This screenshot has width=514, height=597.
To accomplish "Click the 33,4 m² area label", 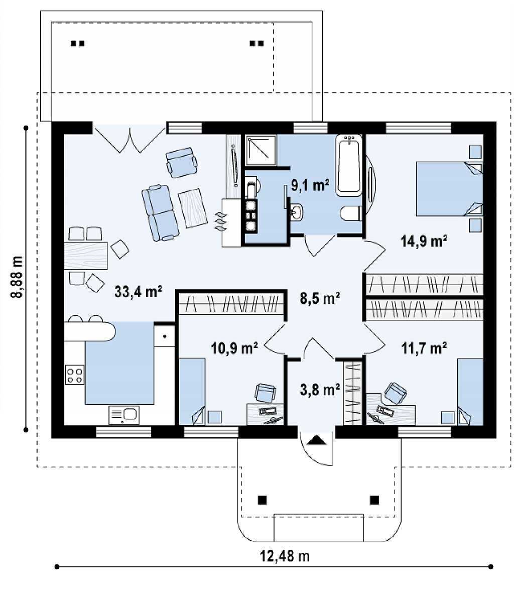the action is point(138,292).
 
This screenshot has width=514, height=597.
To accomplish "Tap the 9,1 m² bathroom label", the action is point(310,185).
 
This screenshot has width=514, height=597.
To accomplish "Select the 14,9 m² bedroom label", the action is point(424,241).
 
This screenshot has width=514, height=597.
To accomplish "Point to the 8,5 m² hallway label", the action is point(320,298).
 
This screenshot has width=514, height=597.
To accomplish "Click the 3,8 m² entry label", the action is point(320,390).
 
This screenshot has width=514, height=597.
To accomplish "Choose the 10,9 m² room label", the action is point(234,347).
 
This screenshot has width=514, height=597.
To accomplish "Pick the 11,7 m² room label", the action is point(424,347).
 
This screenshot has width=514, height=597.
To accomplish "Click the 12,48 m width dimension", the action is point(285,556).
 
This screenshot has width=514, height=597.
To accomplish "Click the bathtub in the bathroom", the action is point(348,166).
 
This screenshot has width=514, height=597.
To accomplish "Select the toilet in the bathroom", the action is point(351,213).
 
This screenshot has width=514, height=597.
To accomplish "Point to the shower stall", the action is point(261,151).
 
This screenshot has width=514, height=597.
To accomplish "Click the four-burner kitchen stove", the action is point(75,375).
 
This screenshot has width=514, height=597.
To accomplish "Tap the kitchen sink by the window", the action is point(124,415).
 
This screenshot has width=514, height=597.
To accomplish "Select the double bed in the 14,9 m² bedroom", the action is point(449,189).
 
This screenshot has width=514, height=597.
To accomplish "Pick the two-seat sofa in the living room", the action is point(160,212).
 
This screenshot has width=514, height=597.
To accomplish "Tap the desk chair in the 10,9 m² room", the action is point(265,393).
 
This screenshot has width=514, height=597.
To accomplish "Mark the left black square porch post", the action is point(262,500).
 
